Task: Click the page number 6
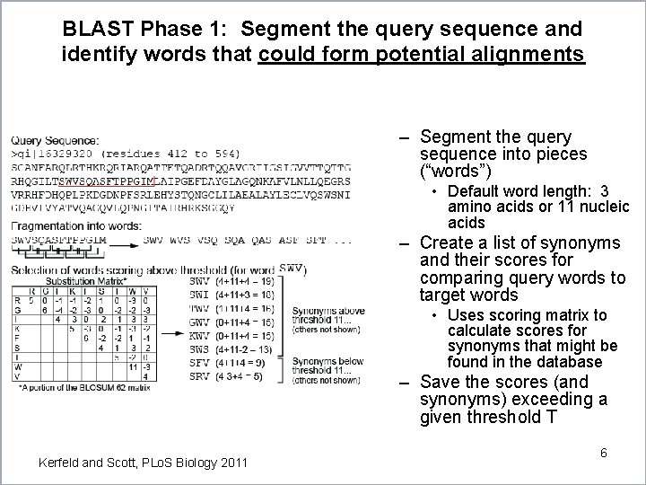604,453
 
